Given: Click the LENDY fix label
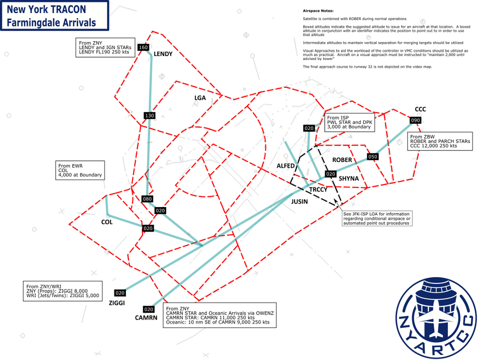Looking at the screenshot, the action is tap(163, 54).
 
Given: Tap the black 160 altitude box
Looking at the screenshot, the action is tap(143, 47).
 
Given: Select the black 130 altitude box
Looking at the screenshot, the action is tap(149, 116).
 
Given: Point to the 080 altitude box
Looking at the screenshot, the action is tap(147, 199).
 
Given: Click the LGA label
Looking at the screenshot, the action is tap(200, 98).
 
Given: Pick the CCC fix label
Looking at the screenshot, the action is tap(421, 109).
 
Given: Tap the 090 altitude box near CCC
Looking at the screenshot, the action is tap(415, 120).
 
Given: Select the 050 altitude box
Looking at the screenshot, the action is tap(373, 157).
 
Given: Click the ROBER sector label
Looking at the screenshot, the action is tap(342, 160).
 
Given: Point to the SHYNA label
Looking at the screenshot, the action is tap(349, 178).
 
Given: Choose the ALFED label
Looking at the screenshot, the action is tap(285, 166).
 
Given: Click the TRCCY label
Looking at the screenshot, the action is tap(319, 189).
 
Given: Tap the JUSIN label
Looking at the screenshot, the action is tap(299, 202).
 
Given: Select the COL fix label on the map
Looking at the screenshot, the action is tap(107, 222).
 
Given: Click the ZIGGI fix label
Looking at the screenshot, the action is tap(117, 303).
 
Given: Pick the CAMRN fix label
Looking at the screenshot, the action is tap(146, 318).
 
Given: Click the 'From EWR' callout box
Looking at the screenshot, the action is tap(80, 170).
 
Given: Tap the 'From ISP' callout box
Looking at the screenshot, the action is tap(350, 122).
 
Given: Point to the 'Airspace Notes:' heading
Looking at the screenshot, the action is tap(319, 11).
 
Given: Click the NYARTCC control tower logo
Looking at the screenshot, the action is tap(436, 318).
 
